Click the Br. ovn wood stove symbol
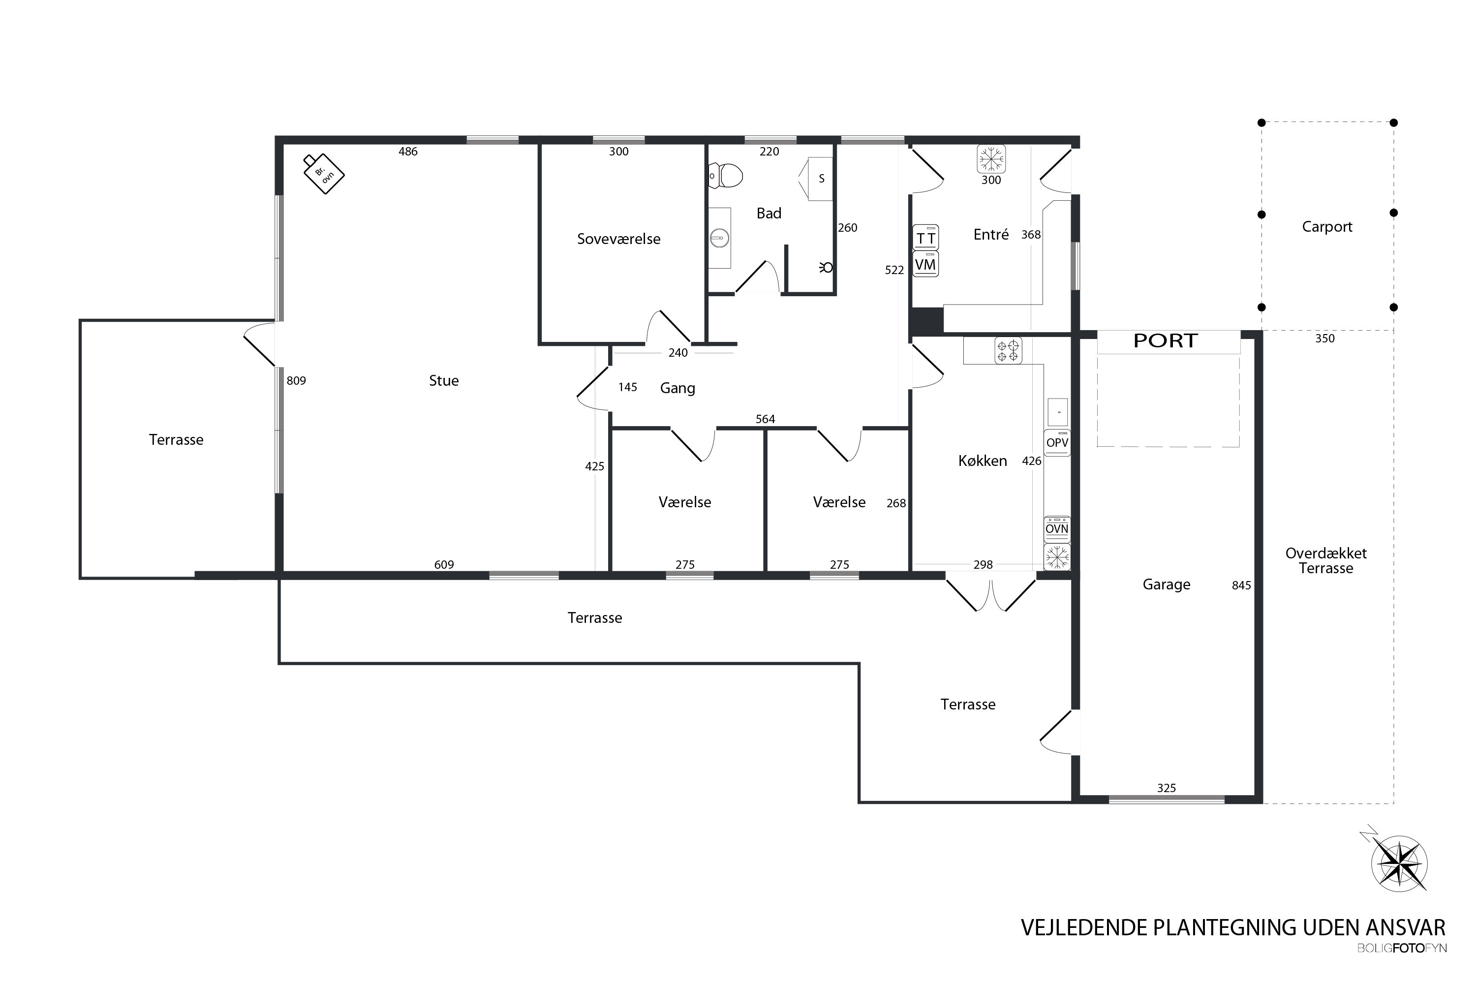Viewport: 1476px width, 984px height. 324,174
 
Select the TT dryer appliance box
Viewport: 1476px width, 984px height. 925,238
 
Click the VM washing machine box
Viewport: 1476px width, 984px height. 925,264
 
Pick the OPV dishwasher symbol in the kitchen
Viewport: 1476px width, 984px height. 1057,442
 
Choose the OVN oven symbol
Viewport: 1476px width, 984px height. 1057,529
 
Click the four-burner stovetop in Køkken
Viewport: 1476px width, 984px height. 1008,350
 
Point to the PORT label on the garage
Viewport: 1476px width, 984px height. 1166,341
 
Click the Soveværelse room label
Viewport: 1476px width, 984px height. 619,239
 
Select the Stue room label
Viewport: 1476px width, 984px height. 444,380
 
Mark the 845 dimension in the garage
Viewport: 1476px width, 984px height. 1241,585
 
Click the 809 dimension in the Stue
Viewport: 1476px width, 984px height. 296,380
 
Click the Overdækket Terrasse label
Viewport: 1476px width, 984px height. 1326,561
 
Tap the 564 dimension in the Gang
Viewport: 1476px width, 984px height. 765,419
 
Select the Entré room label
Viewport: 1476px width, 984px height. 991,235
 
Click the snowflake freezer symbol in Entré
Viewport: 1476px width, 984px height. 991,159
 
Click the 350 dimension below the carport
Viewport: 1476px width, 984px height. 1325,339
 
